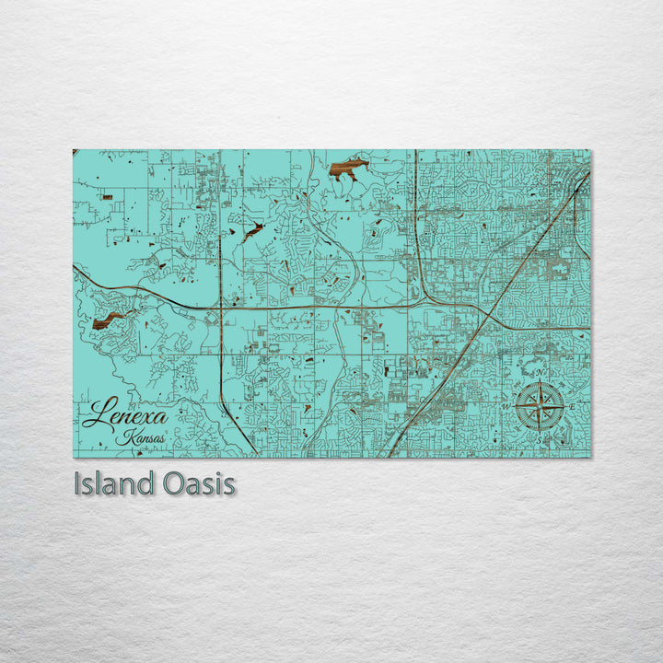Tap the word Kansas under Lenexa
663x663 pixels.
[x=142, y=437]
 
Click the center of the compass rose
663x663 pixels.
[x=540, y=406]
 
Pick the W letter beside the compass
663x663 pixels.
[x=506, y=406]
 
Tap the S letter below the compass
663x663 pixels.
[x=540, y=439]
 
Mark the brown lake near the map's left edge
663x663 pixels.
[x=108, y=320]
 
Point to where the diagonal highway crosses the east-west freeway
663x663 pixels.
[x=485, y=311]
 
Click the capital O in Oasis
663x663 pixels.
[x=176, y=483]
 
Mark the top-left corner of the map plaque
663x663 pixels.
[x=74, y=150]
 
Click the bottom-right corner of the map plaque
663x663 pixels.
[x=590, y=457]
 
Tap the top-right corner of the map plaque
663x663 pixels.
[x=590, y=150]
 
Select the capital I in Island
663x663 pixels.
[x=77, y=483]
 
